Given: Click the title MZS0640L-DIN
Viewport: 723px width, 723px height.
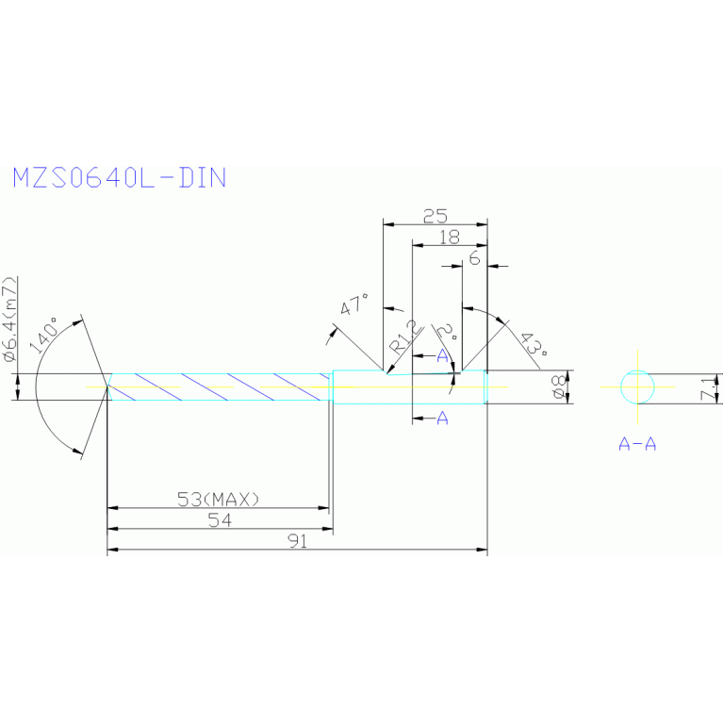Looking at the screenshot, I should click(x=119, y=178).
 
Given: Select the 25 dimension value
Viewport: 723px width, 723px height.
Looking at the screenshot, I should click(x=435, y=216).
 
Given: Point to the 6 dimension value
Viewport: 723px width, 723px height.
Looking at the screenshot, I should click(x=474, y=257).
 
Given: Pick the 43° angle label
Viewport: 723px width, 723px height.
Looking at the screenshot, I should click(x=532, y=348).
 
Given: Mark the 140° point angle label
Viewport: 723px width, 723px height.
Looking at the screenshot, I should click(x=47, y=335).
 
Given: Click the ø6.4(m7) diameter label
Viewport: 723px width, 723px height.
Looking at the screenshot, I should click(x=9, y=320).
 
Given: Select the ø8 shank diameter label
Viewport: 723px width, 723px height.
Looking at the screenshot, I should click(x=558, y=387).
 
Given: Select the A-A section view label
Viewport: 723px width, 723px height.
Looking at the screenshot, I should click(x=637, y=443).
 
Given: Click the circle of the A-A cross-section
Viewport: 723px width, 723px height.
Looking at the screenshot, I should click(x=638, y=386).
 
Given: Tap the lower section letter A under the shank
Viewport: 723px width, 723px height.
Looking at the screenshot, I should click(x=442, y=419).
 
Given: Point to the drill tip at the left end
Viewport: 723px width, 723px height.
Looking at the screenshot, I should click(x=107, y=386).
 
